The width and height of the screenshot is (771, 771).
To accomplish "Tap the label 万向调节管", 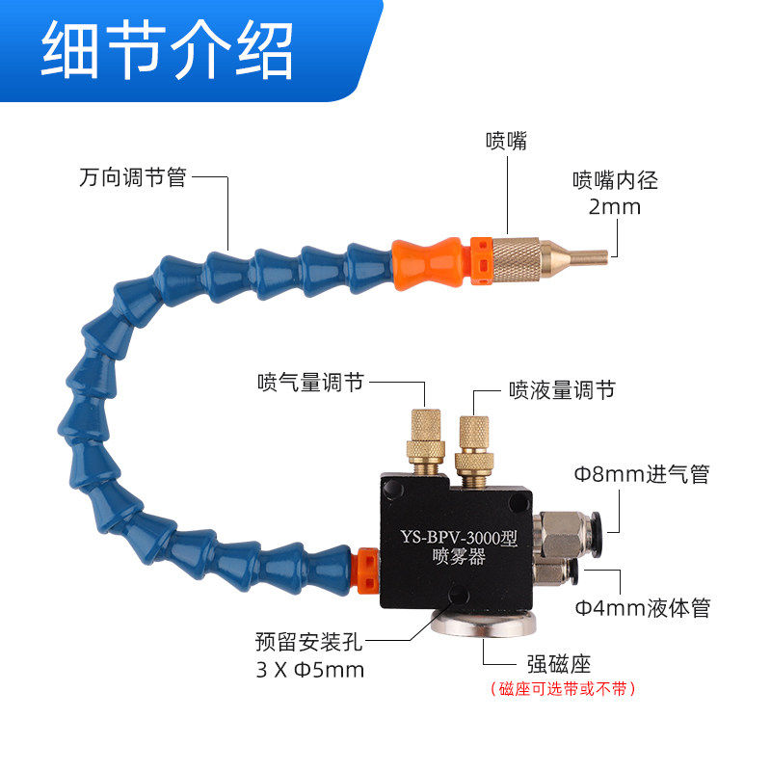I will click(x=132, y=178).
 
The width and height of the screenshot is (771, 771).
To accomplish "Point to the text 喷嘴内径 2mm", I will click(x=615, y=193).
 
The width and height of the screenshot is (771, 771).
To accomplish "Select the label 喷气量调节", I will click(x=310, y=383).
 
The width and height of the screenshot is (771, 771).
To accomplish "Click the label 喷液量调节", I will click(x=561, y=389).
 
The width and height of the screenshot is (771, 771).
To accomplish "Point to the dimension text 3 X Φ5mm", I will click(x=310, y=669).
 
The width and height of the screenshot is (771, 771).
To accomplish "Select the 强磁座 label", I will click(x=558, y=663).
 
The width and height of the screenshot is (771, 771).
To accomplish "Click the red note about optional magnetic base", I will click(x=564, y=688).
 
